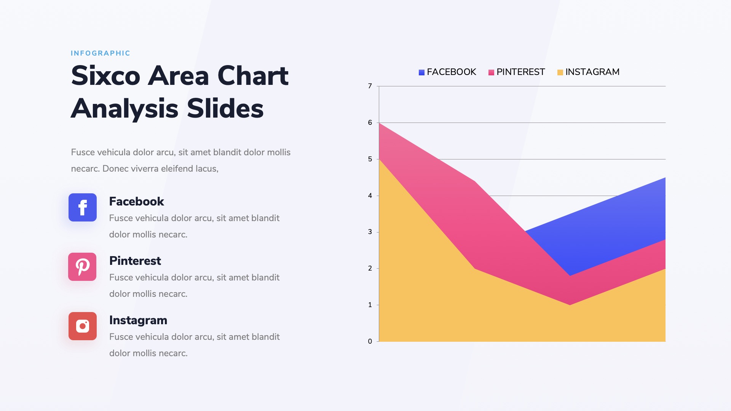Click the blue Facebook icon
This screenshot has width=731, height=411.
(83, 207)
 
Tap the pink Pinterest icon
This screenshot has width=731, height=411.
(82, 267)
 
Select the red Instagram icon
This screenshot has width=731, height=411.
(83, 326)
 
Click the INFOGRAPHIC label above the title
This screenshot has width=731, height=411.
(101, 53)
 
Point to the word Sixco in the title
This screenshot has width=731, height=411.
(106, 76)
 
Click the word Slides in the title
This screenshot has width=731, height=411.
(225, 109)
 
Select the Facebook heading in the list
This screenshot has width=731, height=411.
(136, 201)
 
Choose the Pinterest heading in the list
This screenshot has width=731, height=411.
(135, 261)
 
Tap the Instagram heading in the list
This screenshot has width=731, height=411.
(138, 320)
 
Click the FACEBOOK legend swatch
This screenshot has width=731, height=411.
(421, 72)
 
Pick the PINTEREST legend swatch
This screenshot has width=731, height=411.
(491, 72)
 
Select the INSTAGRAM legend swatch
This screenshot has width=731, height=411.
(560, 72)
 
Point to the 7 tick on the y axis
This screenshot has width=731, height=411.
(370, 86)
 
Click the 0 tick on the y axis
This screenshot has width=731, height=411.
(370, 341)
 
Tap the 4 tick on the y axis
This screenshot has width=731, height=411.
(370, 196)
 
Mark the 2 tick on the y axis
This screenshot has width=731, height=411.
(370, 268)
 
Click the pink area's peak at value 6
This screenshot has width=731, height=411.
(380, 124)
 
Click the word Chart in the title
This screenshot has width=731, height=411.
(253, 76)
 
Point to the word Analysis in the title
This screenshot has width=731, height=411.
(124, 109)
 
